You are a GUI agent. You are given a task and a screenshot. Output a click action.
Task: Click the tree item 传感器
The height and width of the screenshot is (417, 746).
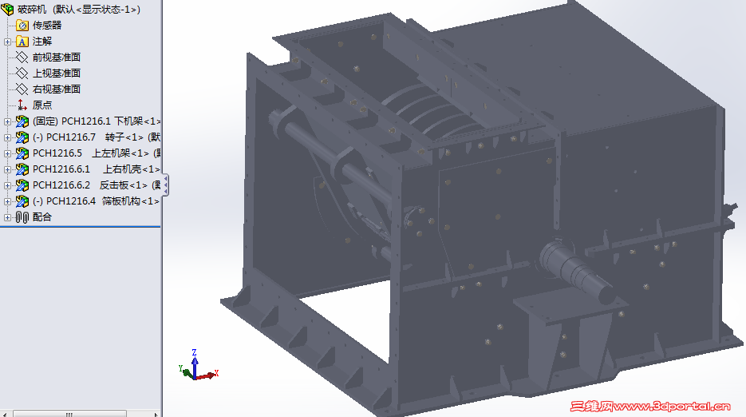(x=46, y=26)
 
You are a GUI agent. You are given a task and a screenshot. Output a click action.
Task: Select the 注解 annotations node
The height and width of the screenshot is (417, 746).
(x=41, y=42)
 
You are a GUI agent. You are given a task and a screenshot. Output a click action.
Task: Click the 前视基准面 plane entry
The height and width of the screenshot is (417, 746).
(x=56, y=58)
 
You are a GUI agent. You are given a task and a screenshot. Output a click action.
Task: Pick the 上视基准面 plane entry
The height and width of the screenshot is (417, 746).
(x=56, y=73)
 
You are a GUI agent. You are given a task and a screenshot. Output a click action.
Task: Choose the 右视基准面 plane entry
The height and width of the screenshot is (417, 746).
(x=56, y=89)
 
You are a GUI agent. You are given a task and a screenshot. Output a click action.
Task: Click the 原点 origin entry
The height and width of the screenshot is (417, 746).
(x=41, y=105)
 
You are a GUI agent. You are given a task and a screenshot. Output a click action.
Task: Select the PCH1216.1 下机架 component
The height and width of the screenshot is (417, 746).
(x=96, y=121)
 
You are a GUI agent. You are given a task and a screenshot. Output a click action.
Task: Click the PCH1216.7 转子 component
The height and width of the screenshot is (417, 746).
(x=96, y=137)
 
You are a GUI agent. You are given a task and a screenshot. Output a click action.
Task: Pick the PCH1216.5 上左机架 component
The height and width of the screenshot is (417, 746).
(x=96, y=153)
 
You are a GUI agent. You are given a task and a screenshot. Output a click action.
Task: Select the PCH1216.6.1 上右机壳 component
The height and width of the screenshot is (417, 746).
(x=96, y=169)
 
